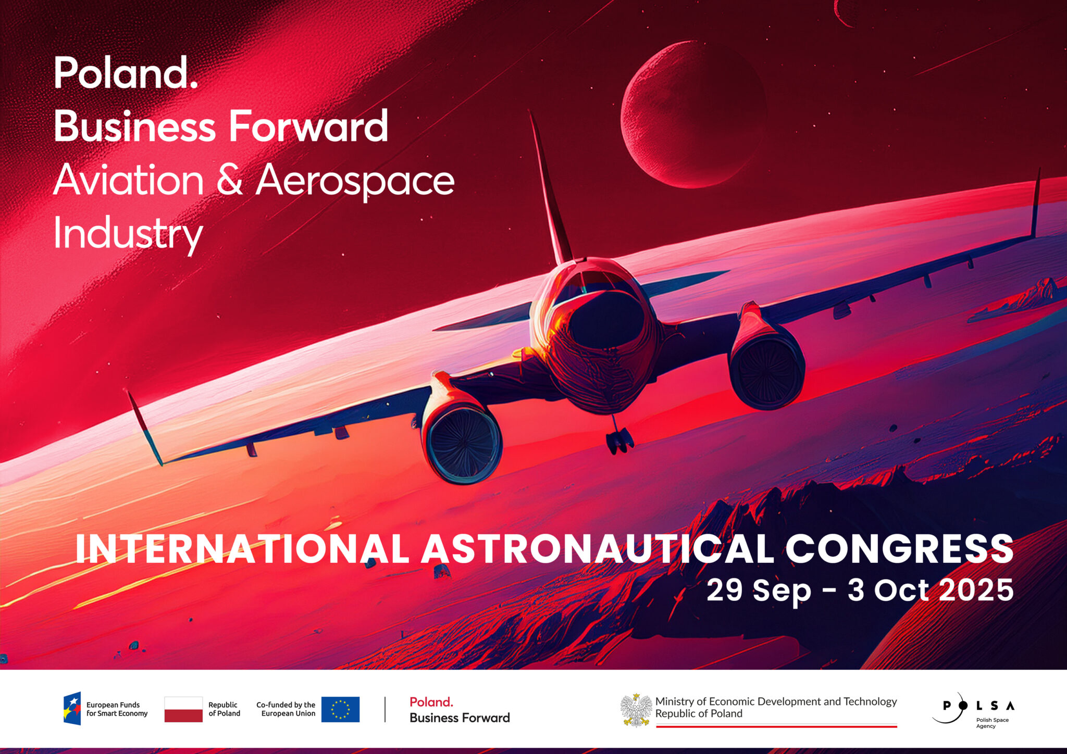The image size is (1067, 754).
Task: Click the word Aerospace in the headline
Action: [355, 181]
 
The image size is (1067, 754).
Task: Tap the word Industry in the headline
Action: [128, 234]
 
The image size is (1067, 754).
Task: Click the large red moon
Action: [693, 115]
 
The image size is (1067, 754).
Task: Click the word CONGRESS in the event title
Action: [899, 549]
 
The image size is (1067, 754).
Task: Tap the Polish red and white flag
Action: [183, 709]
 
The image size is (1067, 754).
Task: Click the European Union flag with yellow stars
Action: [340, 709]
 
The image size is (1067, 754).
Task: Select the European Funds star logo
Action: [72, 709]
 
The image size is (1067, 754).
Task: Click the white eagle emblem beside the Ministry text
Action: [636, 710]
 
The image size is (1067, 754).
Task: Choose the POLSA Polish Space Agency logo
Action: [973, 709]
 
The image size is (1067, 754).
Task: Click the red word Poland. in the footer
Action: [431, 702]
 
